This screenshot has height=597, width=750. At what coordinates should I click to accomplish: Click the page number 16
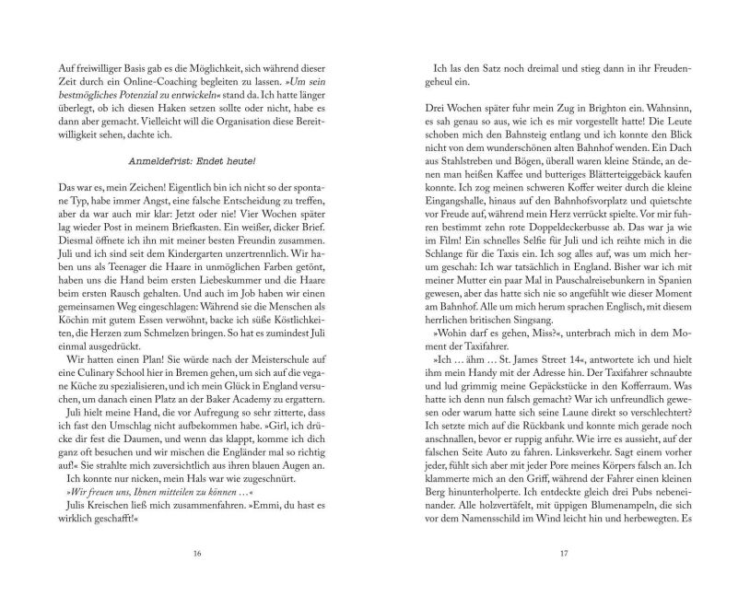click(x=197, y=554)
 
